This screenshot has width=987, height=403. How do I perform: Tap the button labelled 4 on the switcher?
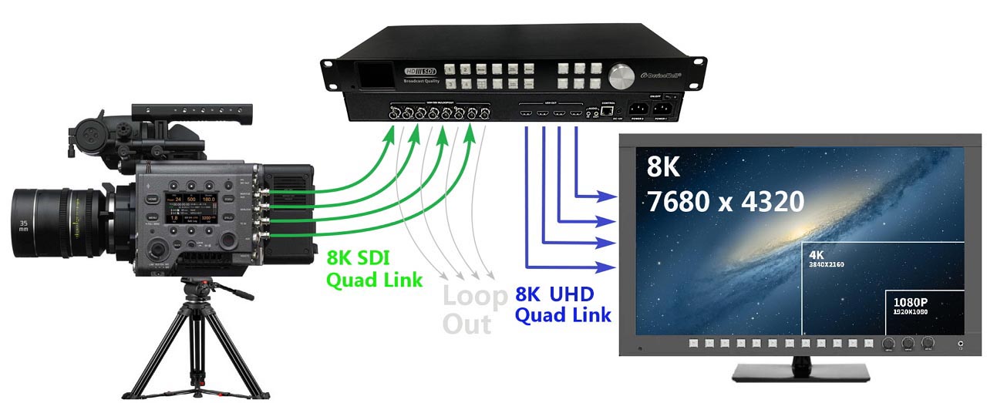coord(465,83)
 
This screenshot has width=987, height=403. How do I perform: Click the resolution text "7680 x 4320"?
coord(725,202)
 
